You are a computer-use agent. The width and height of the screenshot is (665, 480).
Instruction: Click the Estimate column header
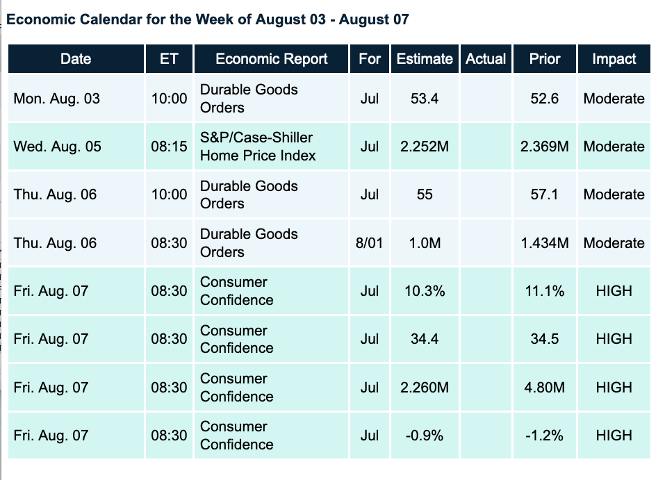pyautogui.click(x=425, y=59)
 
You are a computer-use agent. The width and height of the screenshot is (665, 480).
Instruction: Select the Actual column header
pyautogui.click(x=486, y=59)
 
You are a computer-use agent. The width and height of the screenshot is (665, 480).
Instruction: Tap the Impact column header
pyautogui.click(x=614, y=59)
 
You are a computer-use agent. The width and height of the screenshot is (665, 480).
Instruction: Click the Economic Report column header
pyautogui.click(x=271, y=59)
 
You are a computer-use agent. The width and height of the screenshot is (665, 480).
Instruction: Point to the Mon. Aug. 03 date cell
pyautogui.click(x=57, y=99)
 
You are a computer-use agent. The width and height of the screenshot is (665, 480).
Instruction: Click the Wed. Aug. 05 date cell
pyautogui.click(x=57, y=147)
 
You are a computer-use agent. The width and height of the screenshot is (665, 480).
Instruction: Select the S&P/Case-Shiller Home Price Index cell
pyautogui.click(x=258, y=147)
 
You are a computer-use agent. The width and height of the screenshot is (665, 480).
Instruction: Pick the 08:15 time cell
pyautogui.click(x=169, y=147)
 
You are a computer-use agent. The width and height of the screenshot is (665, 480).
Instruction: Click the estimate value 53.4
pyautogui.click(x=425, y=99)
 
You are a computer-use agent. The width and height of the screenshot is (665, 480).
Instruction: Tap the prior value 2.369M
pyautogui.click(x=544, y=147)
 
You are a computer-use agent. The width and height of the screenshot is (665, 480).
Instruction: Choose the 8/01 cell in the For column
pyautogui.click(x=370, y=243)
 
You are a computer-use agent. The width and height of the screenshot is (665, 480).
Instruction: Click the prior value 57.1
pyautogui.click(x=544, y=195)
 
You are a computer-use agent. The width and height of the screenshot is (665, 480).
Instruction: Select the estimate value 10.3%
pyautogui.click(x=425, y=291)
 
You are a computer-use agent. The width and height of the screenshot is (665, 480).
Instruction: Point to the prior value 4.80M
pyautogui.click(x=544, y=387)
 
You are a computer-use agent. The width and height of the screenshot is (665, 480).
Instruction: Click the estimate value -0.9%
pyautogui.click(x=425, y=436)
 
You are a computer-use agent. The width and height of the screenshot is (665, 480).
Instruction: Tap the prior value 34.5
pyautogui.click(x=544, y=339)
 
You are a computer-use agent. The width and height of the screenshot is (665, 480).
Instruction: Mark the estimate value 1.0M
pyautogui.click(x=425, y=243)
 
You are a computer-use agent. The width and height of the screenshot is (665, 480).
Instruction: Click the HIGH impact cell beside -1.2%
pyautogui.click(x=614, y=436)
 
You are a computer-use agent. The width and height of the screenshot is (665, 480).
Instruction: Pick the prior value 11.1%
pyautogui.click(x=544, y=291)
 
